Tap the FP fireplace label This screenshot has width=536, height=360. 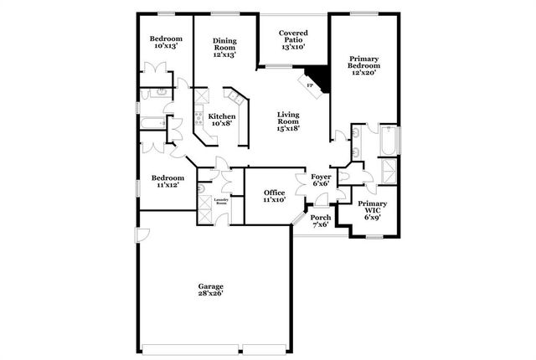pyautogui.click(x=310, y=85)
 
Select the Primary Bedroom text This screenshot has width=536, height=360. pyautogui.click(x=365, y=66)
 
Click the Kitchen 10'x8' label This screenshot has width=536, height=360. pyautogui.click(x=222, y=120)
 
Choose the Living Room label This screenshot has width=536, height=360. pyautogui.click(x=288, y=121)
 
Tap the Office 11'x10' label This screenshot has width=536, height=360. pyautogui.click(x=275, y=196)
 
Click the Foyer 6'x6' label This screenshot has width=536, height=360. pyautogui.click(x=322, y=181)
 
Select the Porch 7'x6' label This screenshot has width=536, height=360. pyautogui.click(x=321, y=221)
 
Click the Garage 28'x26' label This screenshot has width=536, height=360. pyautogui.click(x=211, y=291)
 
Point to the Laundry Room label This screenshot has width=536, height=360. pyautogui.click(x=222, y=203)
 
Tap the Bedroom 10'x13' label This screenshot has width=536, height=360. pyautogui.click(x=166, y=43)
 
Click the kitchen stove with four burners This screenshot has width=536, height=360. pyautogui.click(x=200, y=106)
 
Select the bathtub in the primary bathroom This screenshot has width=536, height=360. pyautogui.click(x=389, y=141)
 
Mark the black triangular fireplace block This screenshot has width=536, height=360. pyautogui.click(x=318, y=78)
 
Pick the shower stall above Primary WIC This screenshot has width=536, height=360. pyautogui.click(x=389, y=172)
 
